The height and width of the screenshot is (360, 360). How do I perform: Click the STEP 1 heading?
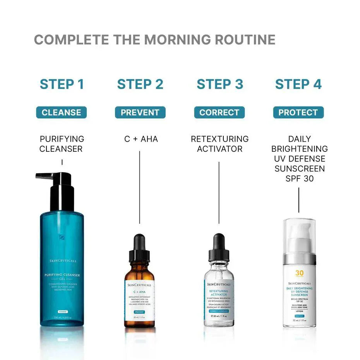pyautogui.click(x=62, y=84)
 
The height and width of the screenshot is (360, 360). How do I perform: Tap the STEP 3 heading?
pyautogui.click(x=220, y=84)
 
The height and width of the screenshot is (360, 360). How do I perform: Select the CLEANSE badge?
pyautogui.click(x=62, y=113)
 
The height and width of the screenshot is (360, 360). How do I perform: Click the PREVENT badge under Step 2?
pyautogui.click(x=140, y=113)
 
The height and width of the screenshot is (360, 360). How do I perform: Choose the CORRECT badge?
pyautogui.click(x=219, y=113)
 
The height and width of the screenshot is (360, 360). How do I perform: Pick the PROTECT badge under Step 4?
pyautogui.click(x=298, y=113)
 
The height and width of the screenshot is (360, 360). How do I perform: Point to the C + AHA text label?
pyautogui.click(x=141, y=139)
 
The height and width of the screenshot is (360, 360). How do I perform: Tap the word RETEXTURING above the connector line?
pyautogui.click(x=219, y=139)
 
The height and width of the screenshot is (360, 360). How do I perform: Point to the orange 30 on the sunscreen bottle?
pyautogui.click(x=299, y=273)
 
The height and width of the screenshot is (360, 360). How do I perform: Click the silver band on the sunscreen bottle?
pyautogui.click(x=299, y=259)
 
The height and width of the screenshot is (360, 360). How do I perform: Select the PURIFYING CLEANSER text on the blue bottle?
pyautogui.click(x=62, y=275)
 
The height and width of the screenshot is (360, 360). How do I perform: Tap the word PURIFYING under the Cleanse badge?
pyautogui.click(x=62, y=139)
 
